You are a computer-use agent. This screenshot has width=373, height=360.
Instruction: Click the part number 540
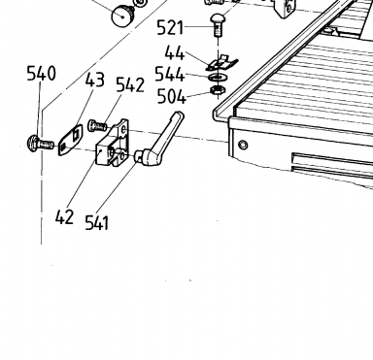pos(41,74)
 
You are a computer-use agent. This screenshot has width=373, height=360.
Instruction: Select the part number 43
pos(95,80)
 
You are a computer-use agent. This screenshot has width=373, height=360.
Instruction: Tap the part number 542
pos(130,85)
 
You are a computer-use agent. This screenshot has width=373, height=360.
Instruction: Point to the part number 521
pos(170,28)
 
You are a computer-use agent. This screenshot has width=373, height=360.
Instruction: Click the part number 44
pos(175,53)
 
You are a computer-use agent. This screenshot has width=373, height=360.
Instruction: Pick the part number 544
pos(170,75)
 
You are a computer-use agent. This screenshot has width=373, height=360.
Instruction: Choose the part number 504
pos(172,96)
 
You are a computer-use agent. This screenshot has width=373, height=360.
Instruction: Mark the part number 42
pos(64,217)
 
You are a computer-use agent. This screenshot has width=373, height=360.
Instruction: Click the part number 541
pos(96,223)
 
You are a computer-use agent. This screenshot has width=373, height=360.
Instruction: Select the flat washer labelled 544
pos(218,78)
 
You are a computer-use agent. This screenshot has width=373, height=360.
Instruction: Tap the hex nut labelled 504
pos(217,90)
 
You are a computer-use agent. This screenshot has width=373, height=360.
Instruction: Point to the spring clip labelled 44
pos(222,63)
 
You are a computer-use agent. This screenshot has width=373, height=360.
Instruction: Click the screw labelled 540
pos(41,145)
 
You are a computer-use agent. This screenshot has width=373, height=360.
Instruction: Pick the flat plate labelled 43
pos(71,141)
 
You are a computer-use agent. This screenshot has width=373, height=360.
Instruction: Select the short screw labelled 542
pos(97,125)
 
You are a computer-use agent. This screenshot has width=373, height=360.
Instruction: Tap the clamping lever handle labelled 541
pos(159,139)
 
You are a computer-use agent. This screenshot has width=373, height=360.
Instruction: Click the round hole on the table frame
pos(243,145)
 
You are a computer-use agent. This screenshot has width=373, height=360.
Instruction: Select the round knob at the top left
pos(122,16)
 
